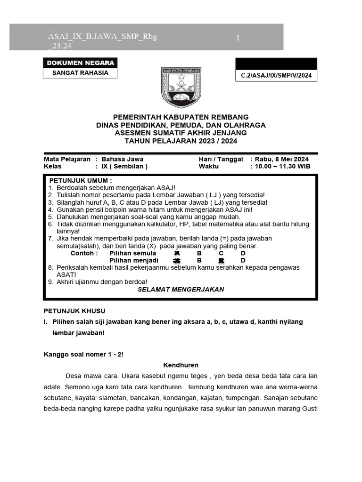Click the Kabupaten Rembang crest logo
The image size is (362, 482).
[181, 87]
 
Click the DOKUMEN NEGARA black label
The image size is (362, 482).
[80, 63]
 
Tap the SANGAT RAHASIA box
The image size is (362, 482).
[80, 73]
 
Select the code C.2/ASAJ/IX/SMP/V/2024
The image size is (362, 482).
[276, 75]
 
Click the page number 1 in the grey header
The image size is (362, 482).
[238, 38]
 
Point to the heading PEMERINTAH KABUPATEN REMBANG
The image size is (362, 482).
[181, 117]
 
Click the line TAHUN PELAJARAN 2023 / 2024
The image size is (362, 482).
[181, 141]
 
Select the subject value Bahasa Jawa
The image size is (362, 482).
[123, 159]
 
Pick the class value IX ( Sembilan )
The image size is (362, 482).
[124, 166]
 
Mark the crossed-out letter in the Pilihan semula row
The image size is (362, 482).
[177, 253]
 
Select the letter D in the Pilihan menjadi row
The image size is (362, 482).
[243, 260]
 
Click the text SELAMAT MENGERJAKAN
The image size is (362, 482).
[181, 289]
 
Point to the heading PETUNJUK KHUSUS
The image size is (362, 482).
[74, 311]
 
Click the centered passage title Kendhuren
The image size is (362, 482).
[181, 365]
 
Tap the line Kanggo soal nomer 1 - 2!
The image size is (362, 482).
[83, 354]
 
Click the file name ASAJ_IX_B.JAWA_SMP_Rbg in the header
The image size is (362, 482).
[102, 37]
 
